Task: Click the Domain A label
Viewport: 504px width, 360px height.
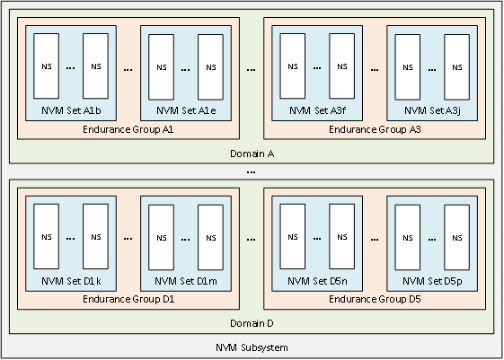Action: [x=252, y=154]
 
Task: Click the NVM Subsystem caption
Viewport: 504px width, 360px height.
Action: [x=252, y=347]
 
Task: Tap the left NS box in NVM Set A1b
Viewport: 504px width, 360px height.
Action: [x=47, y=66]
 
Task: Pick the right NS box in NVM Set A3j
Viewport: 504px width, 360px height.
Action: [x=457, y=66]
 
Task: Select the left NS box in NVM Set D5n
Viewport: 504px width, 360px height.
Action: [x=292, y=237]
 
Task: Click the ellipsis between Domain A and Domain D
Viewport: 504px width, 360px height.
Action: [x=252, y=170]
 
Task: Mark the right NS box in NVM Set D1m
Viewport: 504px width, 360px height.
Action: [x=210, y=237]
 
